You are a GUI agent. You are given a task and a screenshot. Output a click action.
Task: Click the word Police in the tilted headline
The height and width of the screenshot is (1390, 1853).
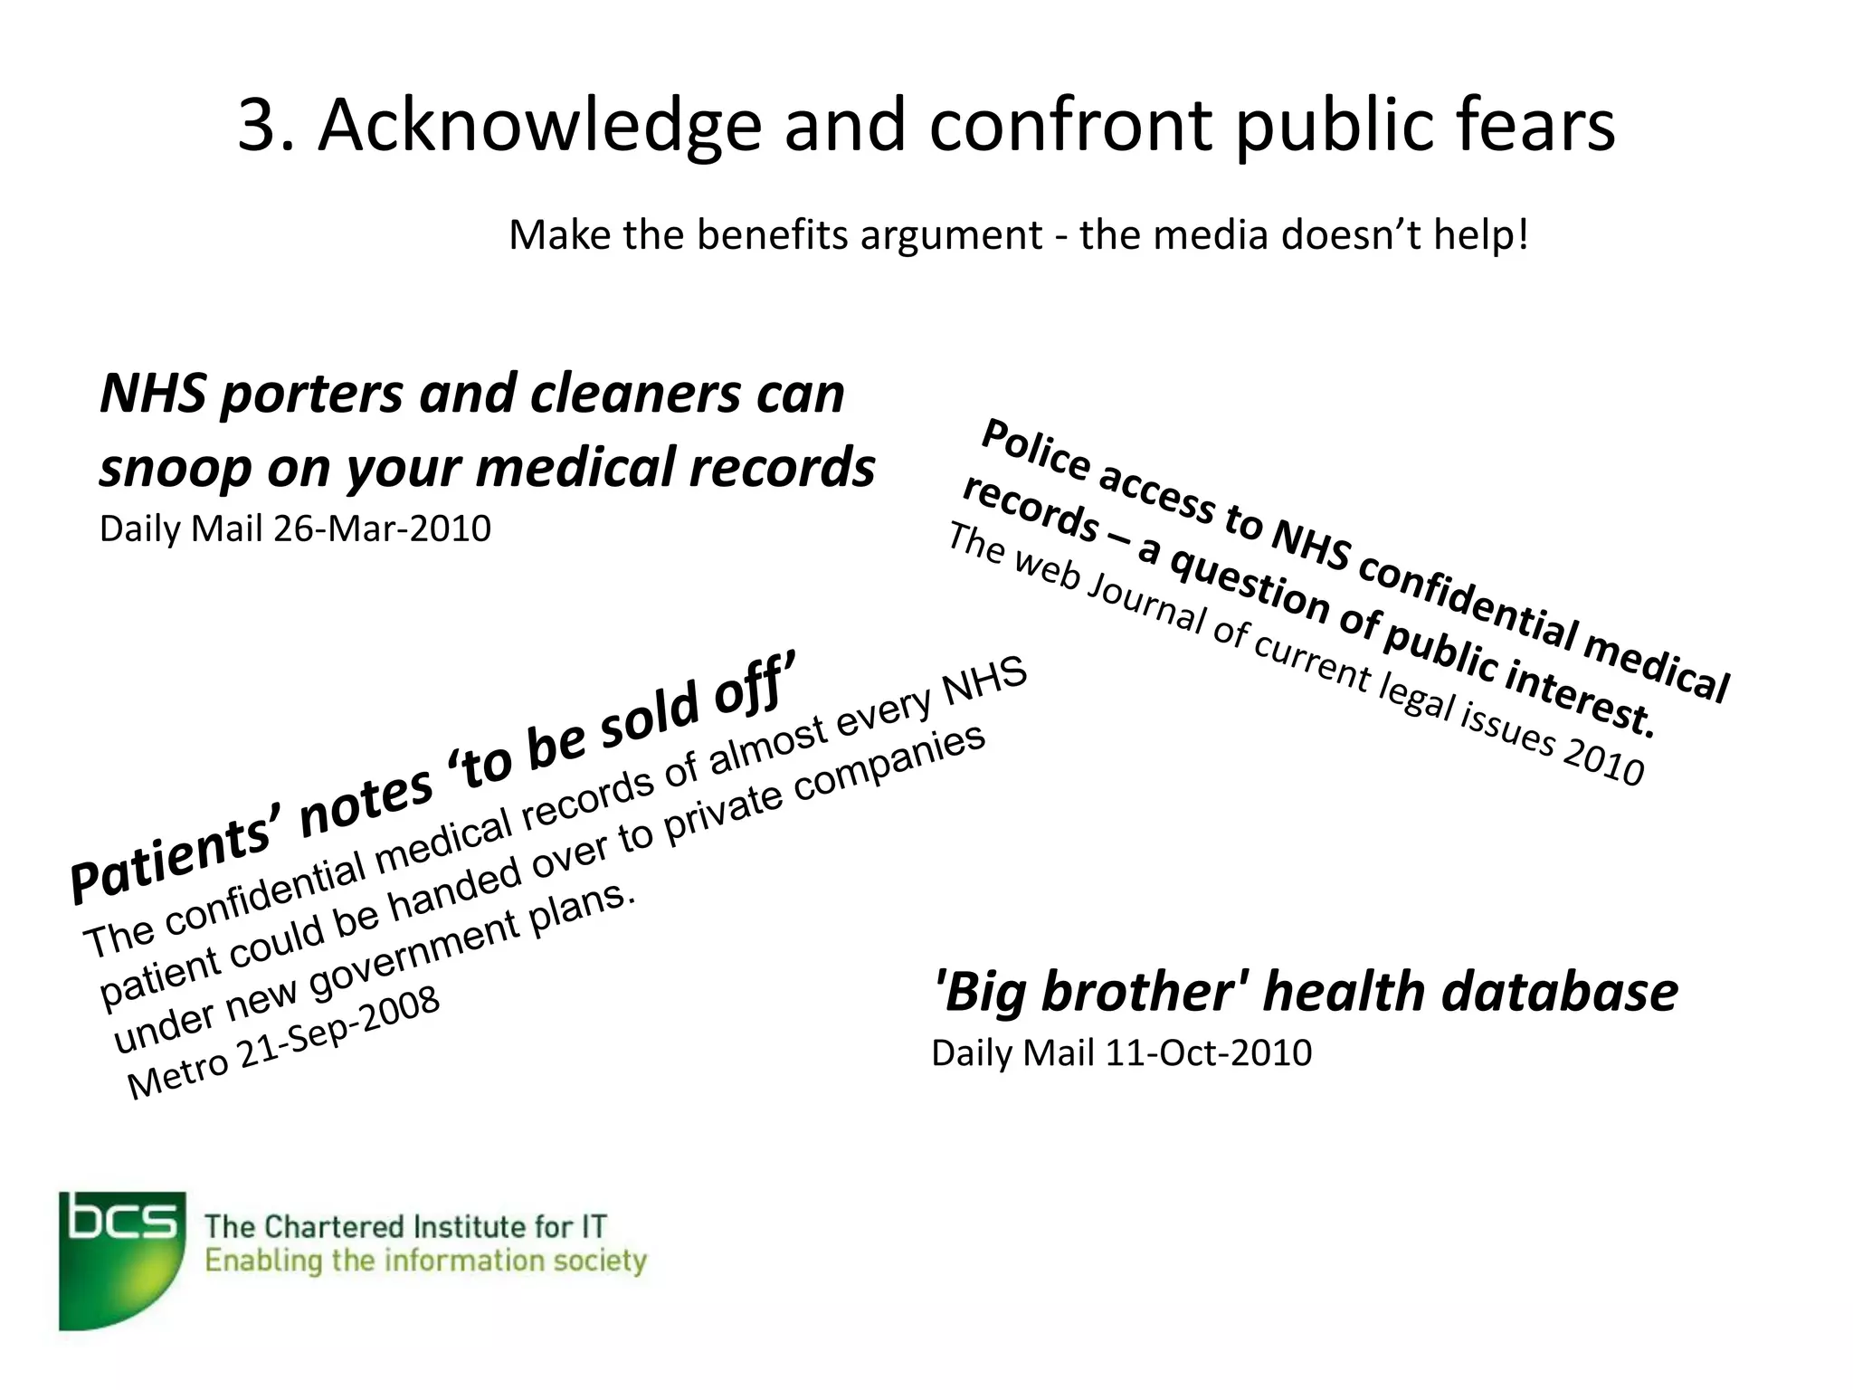[1035, 450]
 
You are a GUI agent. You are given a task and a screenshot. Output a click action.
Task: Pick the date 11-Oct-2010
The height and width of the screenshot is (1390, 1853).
[1208, 1053]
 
